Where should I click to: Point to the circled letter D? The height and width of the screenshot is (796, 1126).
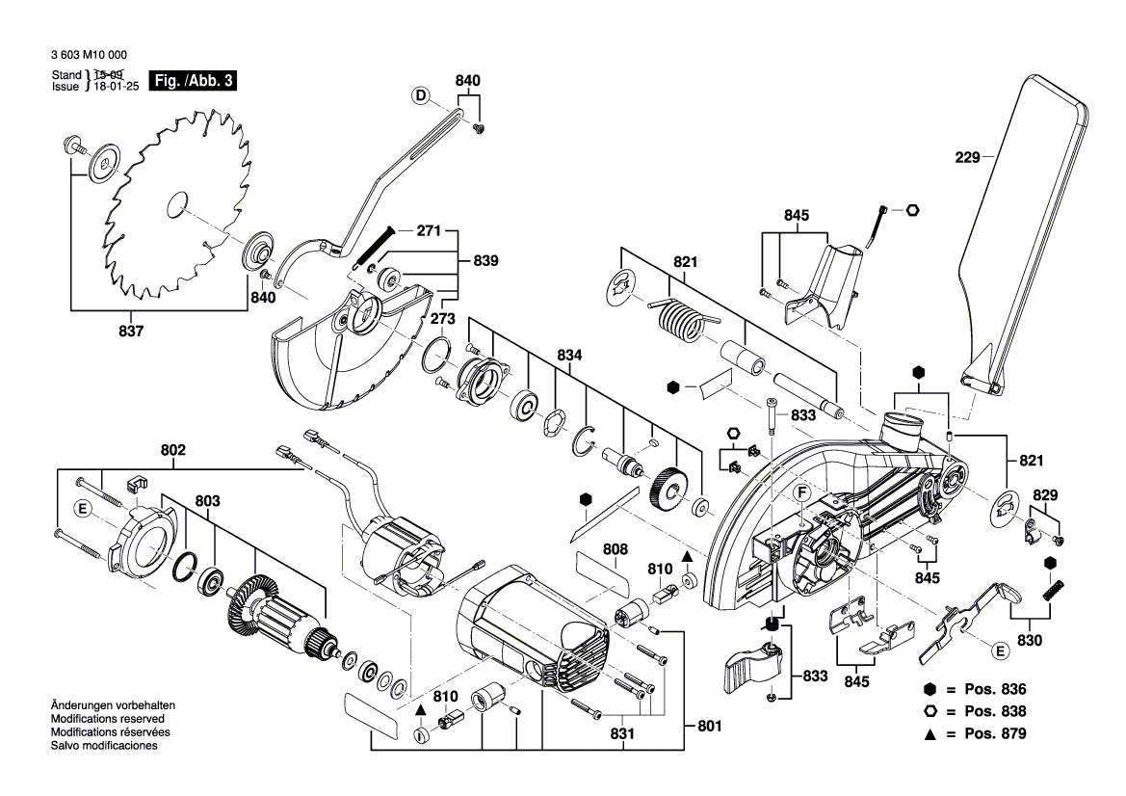[421, 94]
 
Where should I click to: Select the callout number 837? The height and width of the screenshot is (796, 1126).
[131, 332]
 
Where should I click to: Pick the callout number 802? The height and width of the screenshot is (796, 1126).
[173, 450]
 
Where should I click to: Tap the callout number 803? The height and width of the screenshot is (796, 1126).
[208, 501]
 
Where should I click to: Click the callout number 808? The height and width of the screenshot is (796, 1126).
[615, 549]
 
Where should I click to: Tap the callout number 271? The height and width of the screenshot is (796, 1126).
[429, 231]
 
